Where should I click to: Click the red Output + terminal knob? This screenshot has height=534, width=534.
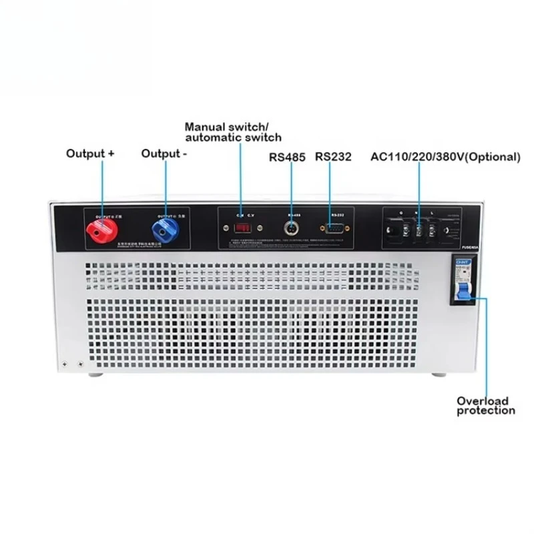coord(101,232)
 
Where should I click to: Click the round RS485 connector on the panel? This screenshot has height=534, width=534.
coord(292,230)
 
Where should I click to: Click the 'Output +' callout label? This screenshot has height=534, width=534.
coord(90,153)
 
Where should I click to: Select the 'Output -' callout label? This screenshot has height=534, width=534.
coord(164,153)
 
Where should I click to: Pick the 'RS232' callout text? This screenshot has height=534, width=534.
coord(333,158)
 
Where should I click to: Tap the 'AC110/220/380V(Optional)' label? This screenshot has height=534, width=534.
coord(445,158)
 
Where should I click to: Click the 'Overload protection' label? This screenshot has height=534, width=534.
coord(485,406)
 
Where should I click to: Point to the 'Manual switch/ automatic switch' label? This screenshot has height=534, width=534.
coord(233,131)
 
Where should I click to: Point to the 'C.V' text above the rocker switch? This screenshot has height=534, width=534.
coord(250,215)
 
